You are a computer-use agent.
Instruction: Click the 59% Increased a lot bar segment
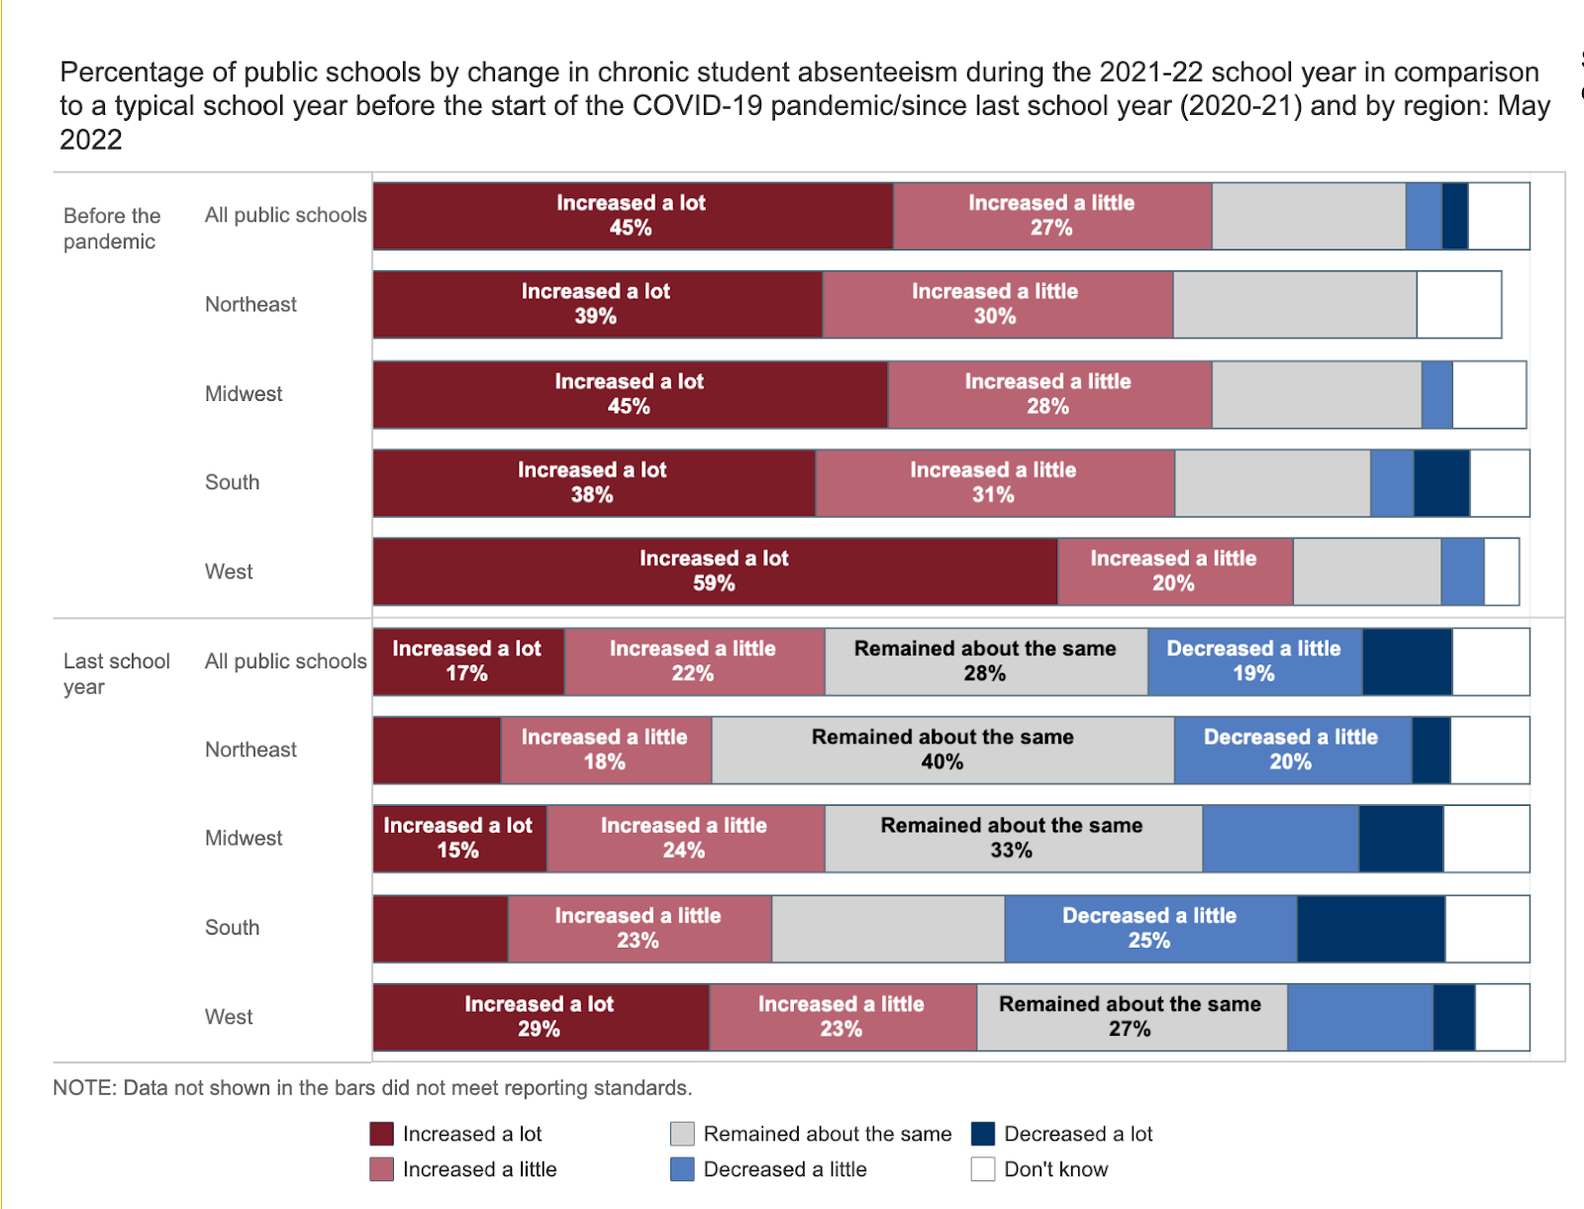pyautogui.click(x=715, y=571)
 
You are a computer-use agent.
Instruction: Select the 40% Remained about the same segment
pyautogui.click(x=942, y=750)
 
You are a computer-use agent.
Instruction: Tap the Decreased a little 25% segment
pyautogui.click(x=1149, y=928)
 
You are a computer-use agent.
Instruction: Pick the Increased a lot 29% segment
pyautogui.click(x=540, y=1017)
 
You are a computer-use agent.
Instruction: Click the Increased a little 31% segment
pyautogui.click(x=994, y=482)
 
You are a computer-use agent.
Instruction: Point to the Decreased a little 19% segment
pyautogui.click(x=1254, y=660)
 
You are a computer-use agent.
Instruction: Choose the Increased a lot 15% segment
pyautogui.click(x=458, y=839)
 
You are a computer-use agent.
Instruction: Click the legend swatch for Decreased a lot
pyautogui.click(x=983, y=1134)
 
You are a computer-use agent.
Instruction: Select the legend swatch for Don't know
pyautogui.click(x=983, y=1169)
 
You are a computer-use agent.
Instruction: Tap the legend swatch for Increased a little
pyautogui.click(x=381, y=1169)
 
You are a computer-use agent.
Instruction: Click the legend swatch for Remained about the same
pyautogui.click(x=682, y=1134)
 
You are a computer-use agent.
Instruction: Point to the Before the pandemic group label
pyautogui.click(x=111, y=229)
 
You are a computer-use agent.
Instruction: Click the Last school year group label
pyautogui.click(x=116, y=673)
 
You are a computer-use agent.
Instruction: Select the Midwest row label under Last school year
pyautogui.click(x=244, y=839)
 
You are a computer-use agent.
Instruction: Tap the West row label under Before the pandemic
pyautogui.click(x=229, y=571)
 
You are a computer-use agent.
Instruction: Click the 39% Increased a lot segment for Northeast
pyautogui.click(x=596, y=304)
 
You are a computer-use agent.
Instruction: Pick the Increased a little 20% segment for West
pyautogui.click(x=1174, y=571)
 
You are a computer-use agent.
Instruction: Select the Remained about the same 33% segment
pyautogui.click(x=1012, y=839)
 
